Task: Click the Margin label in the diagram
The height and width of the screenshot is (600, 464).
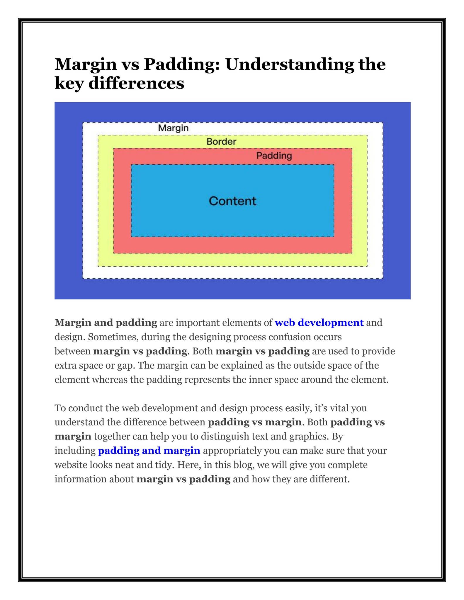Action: pos(173,128)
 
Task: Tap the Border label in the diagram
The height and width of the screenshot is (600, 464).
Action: pos(221,142)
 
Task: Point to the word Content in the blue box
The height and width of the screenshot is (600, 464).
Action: pos(232,201)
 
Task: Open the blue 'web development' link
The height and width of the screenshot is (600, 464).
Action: pos(319,323)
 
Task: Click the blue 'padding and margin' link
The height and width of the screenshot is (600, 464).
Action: pos(149,451)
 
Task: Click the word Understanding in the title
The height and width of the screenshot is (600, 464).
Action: pos(290,64)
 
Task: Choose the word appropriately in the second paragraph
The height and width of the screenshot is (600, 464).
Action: pos(232,451)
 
